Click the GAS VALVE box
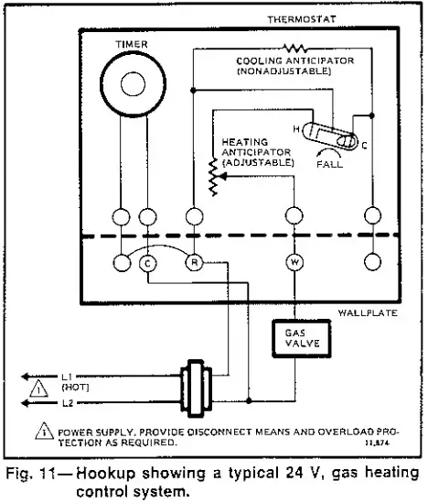[294, 337]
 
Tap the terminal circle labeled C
[149, 262]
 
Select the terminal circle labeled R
[194, 262]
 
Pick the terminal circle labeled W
[294, 262]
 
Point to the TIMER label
[132, 42]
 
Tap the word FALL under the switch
[330, 165]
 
